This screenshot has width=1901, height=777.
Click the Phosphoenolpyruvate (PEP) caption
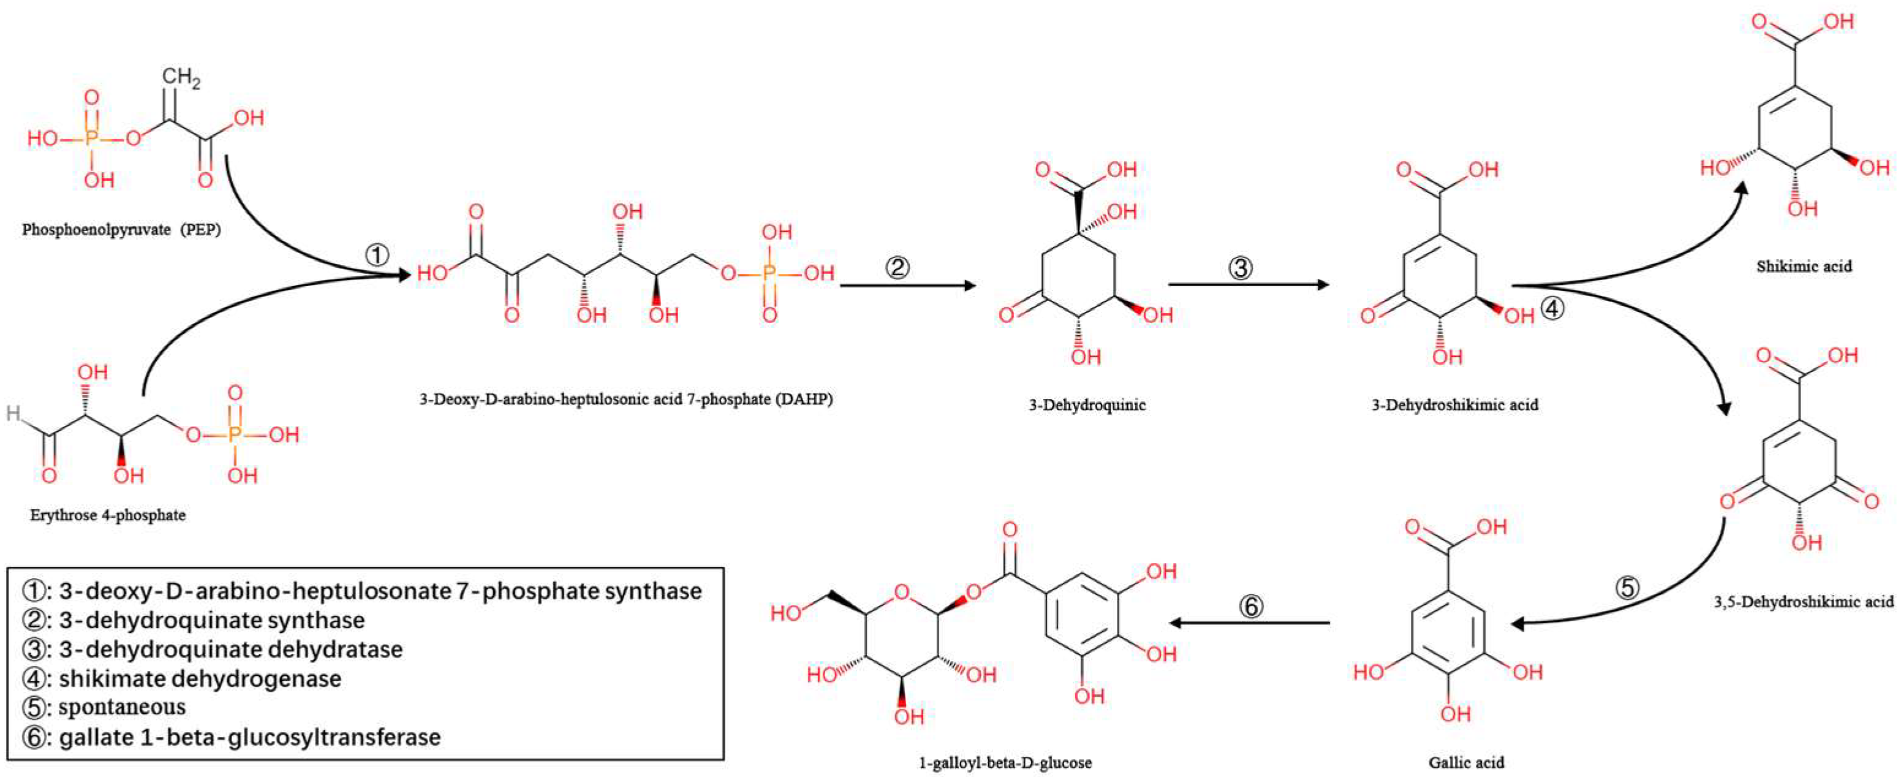point(121,229)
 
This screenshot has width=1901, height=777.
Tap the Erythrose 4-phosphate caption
point(108,515)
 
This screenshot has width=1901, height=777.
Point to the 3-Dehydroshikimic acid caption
point(1454,404)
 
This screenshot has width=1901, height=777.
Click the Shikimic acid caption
point(1804,267)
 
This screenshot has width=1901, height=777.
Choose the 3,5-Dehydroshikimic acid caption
point(1804,601)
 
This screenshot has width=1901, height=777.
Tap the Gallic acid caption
point(1465,762)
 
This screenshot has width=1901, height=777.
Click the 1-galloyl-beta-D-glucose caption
point(1005,762)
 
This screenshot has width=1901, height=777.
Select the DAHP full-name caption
point(625,399)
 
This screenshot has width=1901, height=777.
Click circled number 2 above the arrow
point(898,267)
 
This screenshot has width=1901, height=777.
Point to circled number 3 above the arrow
point(1240,267)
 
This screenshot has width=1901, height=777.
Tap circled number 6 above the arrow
point(1251,607)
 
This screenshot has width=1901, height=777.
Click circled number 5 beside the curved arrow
point(1627,588)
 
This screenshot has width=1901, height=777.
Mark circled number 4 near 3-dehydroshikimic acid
point(1552,308)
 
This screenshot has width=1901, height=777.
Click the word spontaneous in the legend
point(122,707)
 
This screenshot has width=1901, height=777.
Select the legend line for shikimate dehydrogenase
point(199,678)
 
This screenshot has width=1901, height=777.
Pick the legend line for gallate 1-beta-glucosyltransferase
point(249,737)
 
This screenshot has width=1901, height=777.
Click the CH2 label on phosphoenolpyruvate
point(180,77)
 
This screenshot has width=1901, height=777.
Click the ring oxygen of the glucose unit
point(902,591)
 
